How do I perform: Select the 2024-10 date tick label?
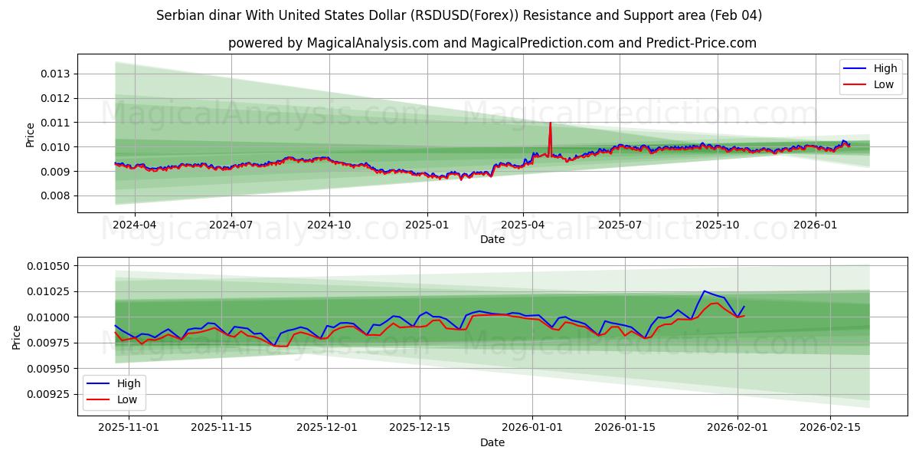click(329, 225)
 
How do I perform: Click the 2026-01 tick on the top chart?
click(815, 225)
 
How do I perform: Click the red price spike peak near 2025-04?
click(550, 123)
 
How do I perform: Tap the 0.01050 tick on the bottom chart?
click(49, 266)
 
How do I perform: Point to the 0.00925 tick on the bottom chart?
click(49, 394)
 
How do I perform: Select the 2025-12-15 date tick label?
click(419, 428)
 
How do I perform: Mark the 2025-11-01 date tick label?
click(129, 428)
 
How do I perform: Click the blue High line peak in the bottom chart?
click(704, 291)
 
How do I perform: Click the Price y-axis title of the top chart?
click(31, 134)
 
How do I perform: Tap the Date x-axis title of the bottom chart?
click(492, 442)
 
